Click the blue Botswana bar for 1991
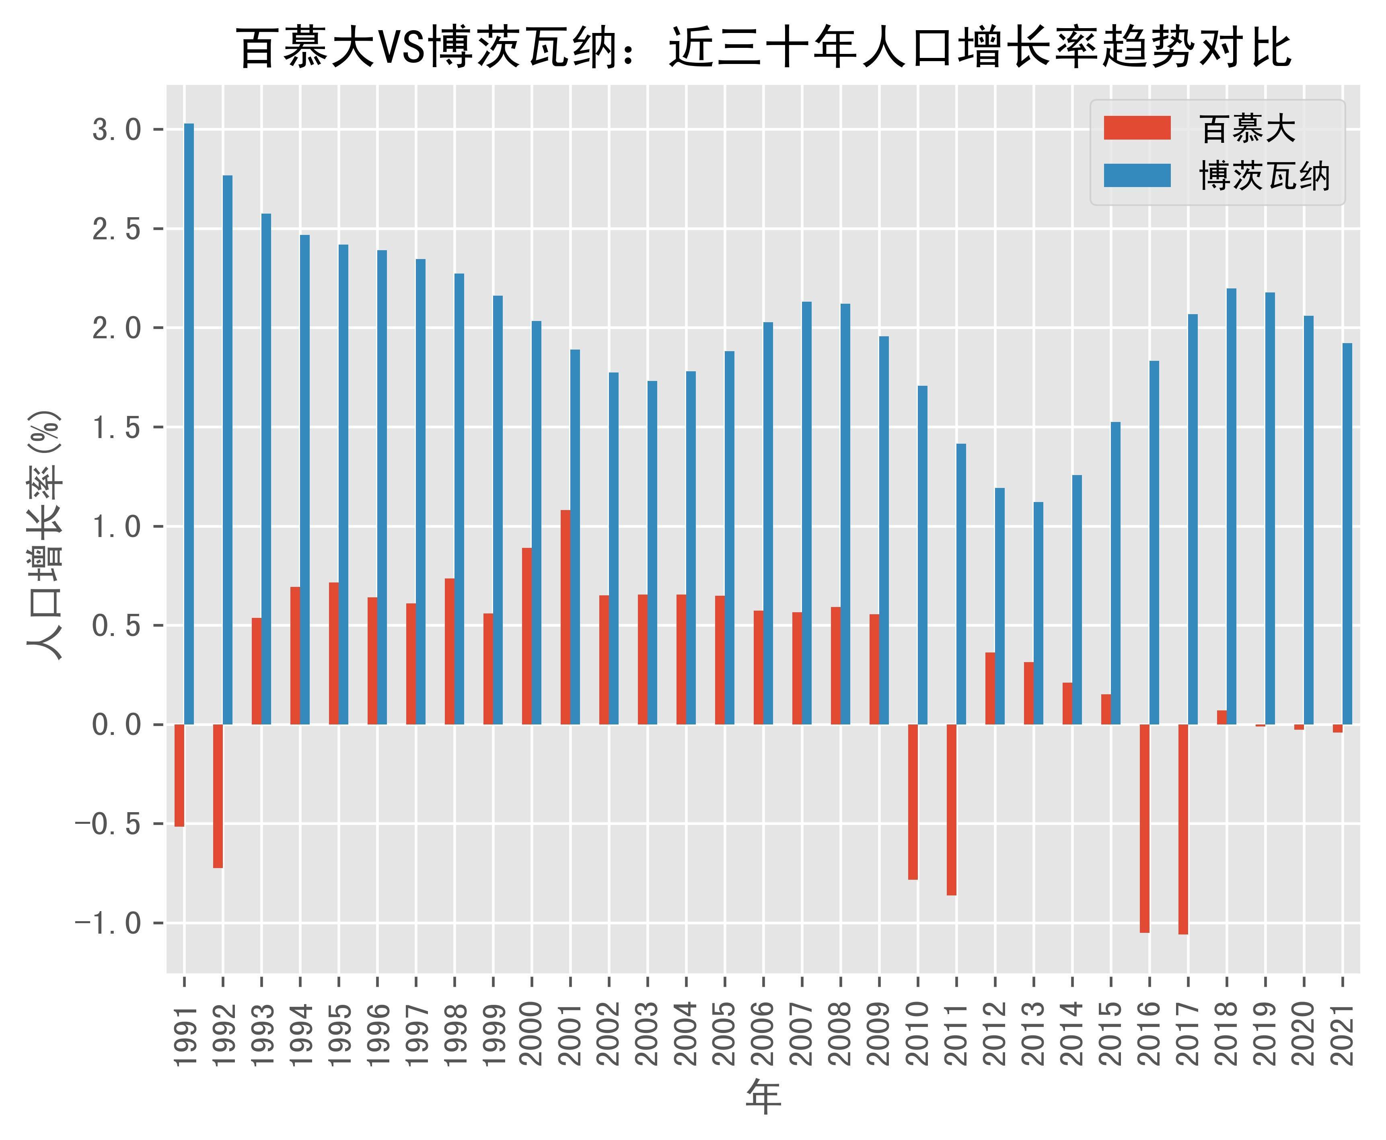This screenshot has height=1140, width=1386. click(189, 424)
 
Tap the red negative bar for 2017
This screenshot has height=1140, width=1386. click(1183, 829)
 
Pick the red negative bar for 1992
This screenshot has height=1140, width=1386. click(218, 796)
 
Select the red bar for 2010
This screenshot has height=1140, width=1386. click(913, 801)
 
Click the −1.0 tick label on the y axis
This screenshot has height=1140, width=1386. click(108, 923)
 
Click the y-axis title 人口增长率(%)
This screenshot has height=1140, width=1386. click(45, 535)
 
